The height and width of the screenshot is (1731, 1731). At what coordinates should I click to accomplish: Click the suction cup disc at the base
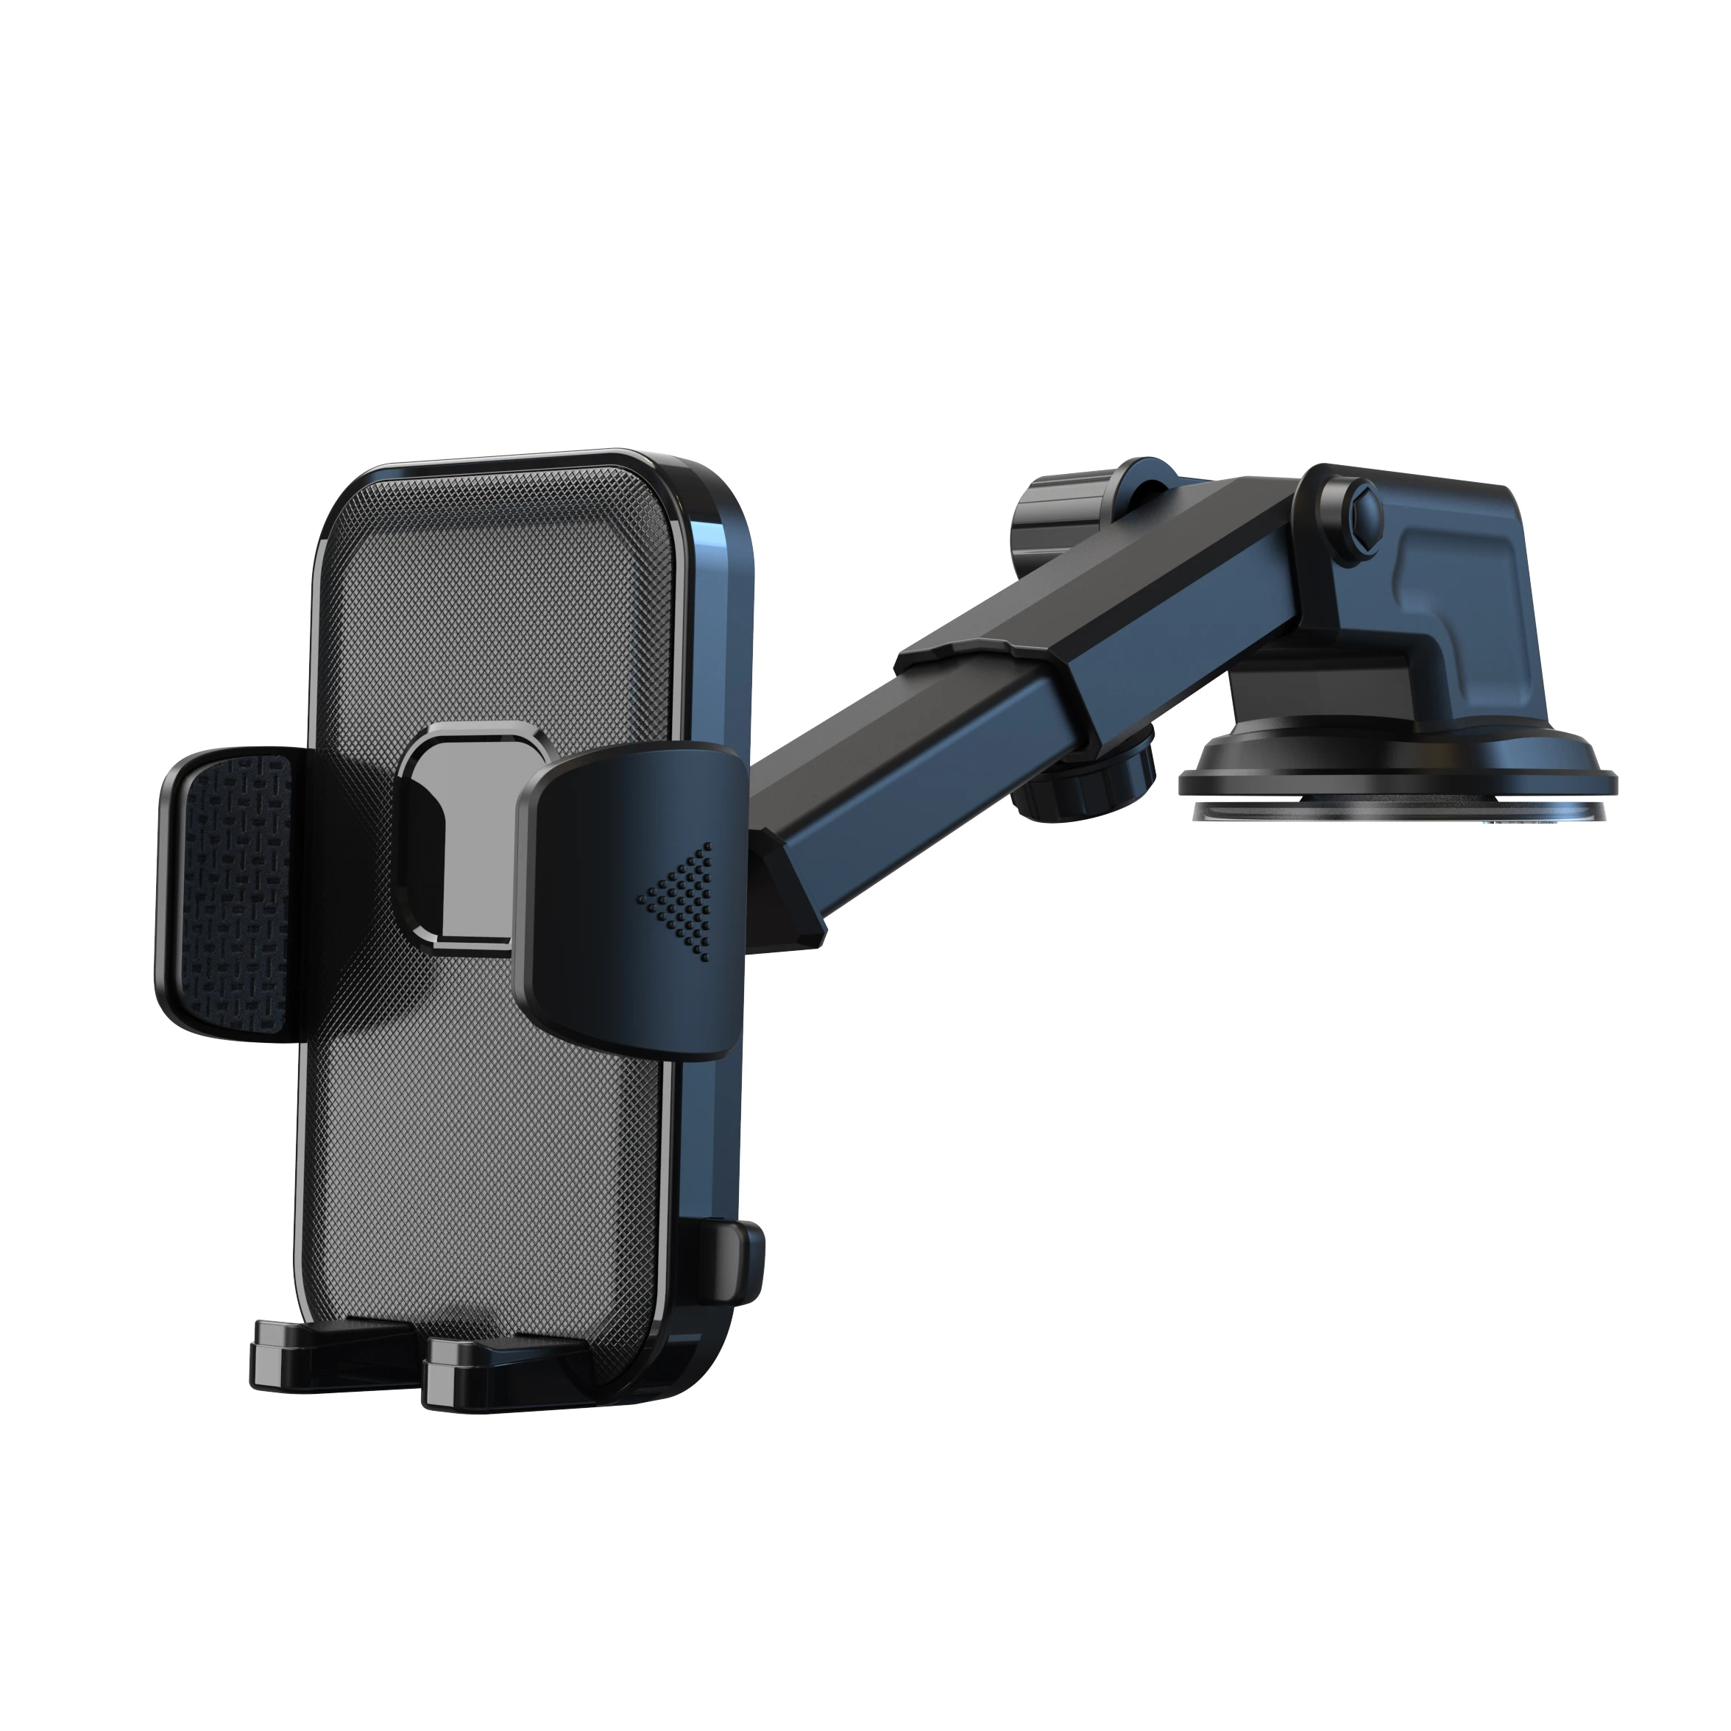pyautogui.click(x=1398, y=788)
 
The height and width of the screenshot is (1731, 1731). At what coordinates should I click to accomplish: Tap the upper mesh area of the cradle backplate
pyautogui.click(x=502, y=609)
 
